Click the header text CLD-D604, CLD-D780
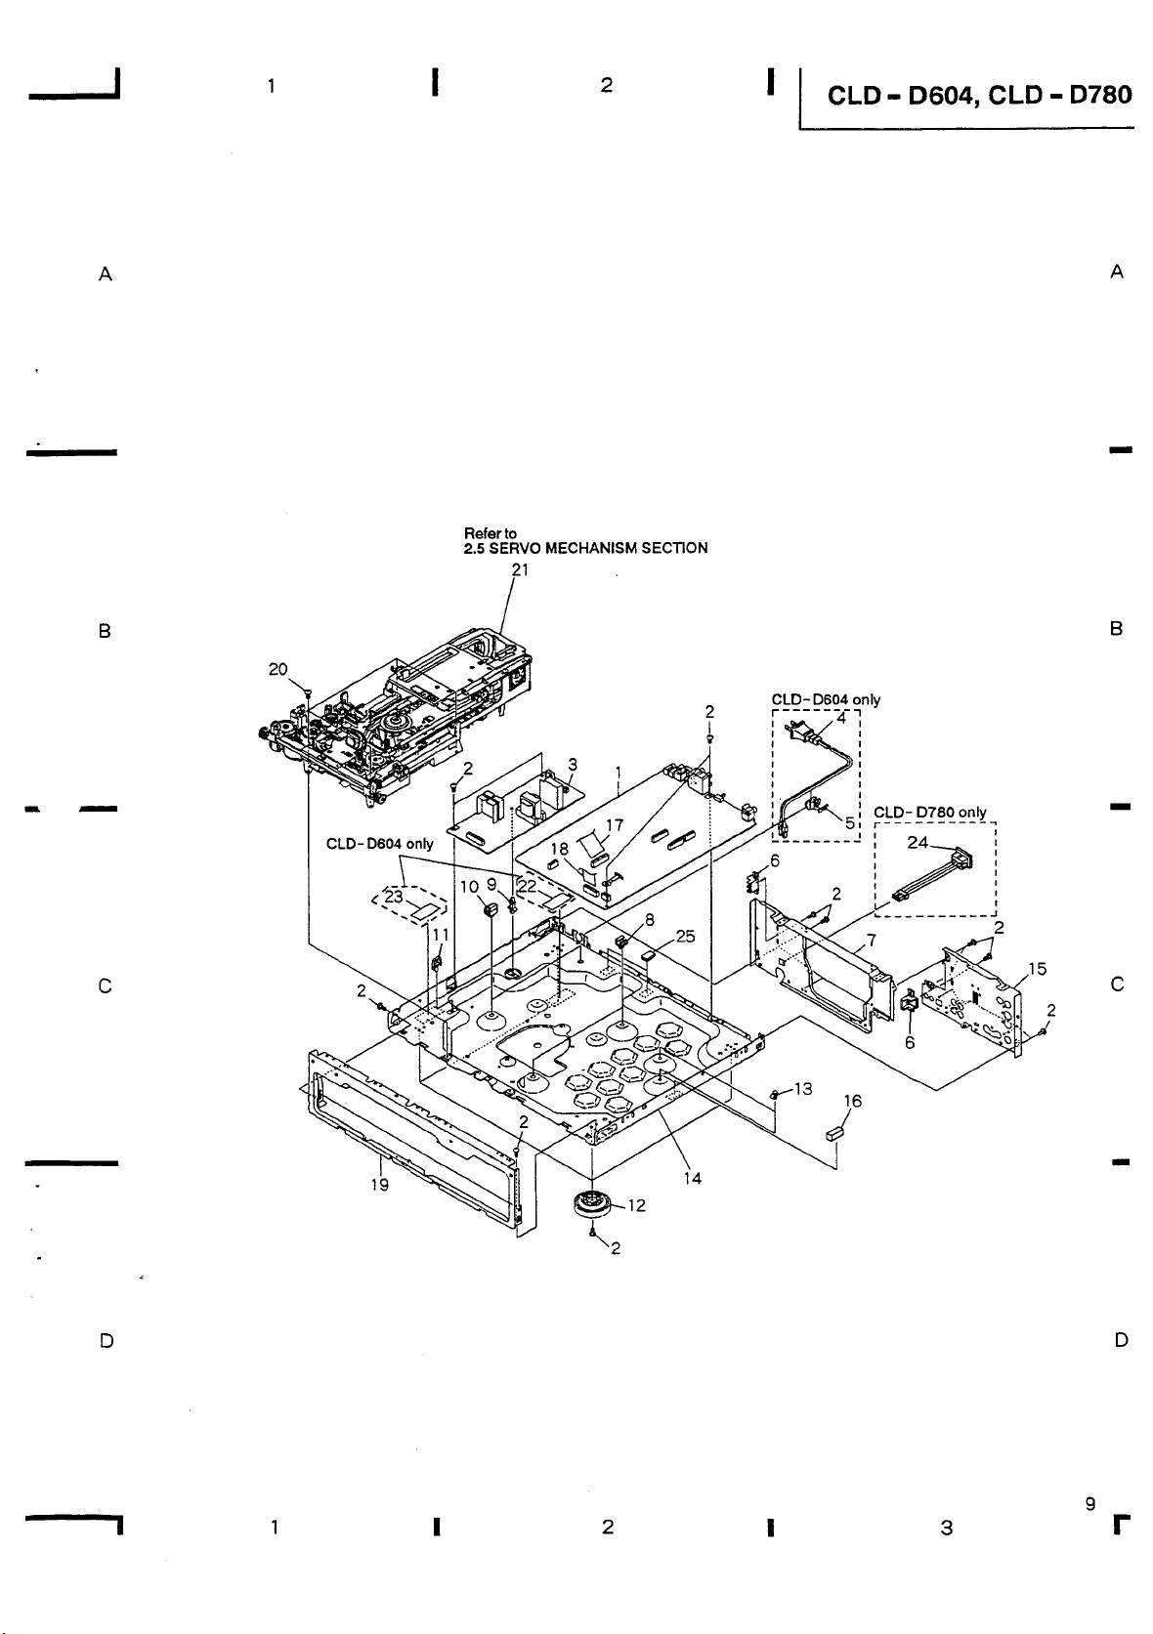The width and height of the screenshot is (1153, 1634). point(979,95)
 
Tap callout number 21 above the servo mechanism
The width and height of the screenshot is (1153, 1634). point(520,569)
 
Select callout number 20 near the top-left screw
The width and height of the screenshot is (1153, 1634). point(278,669)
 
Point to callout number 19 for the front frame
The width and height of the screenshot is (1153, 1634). point(379,1186)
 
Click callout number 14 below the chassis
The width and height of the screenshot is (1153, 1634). point(692,1178)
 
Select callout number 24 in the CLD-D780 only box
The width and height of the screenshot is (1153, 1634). point(918,843)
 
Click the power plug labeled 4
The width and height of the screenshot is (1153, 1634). point(802,731)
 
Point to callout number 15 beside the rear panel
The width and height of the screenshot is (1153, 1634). point(1037,969)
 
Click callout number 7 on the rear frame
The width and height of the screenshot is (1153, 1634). point(871,941)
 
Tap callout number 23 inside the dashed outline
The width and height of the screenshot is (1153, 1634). point(394,897)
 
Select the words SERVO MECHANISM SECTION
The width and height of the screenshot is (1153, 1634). point(598,548)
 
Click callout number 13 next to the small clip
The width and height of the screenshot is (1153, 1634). point(803,1089)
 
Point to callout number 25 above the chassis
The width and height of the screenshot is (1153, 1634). point(685,936)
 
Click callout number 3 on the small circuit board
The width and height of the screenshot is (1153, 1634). point(573,764)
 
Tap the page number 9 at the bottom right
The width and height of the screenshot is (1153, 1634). point(1090,1503)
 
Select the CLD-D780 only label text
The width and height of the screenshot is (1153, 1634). point(929,812)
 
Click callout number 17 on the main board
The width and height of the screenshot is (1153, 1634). point(615,825)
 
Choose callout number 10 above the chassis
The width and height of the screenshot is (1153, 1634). point(469,886)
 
